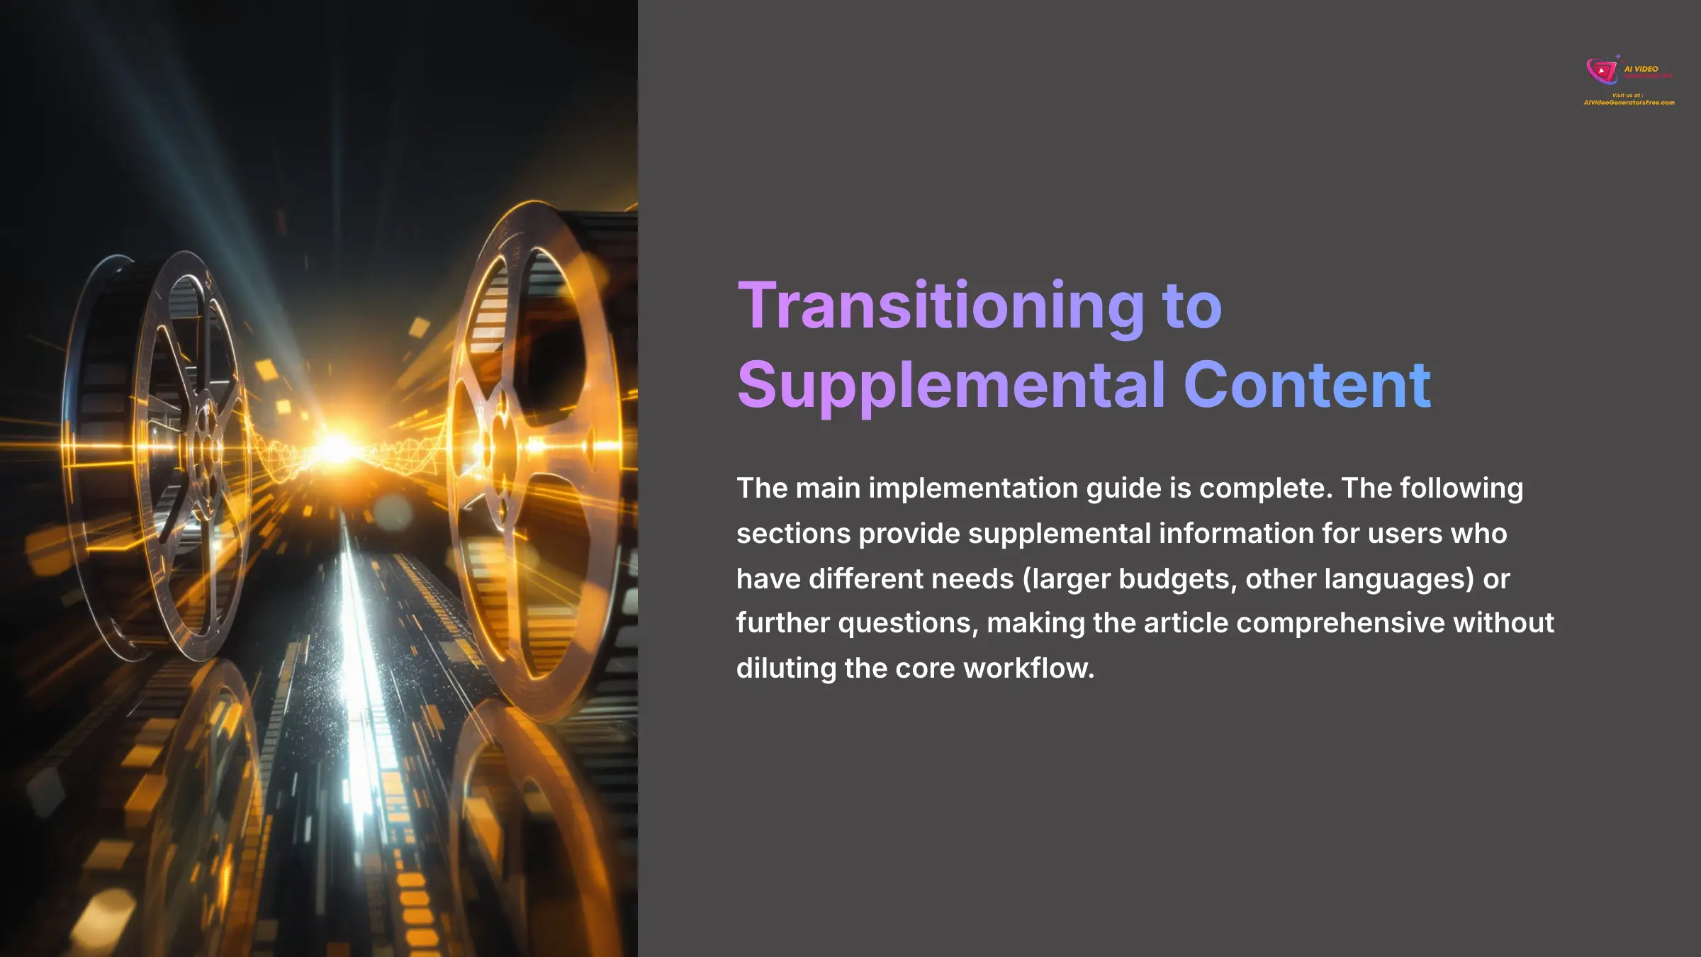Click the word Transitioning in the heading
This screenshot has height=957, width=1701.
coord(941,307)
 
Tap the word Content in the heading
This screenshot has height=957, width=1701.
coord(1307,386)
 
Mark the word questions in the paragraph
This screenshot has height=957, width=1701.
coord(908,623)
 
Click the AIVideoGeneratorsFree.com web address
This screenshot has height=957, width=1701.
coord(1629,103)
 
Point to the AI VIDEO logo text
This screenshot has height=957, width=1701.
coord(1641,69)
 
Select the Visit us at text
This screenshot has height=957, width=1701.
coord(1627,95)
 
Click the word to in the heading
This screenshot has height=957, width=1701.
coord(1191,307)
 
